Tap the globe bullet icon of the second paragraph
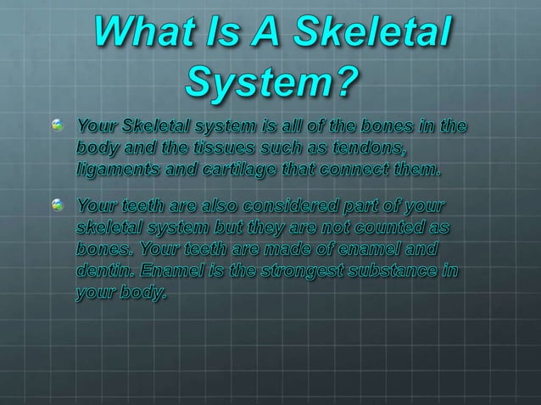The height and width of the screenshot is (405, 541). coord(58,205)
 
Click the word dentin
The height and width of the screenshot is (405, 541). coord(101,272)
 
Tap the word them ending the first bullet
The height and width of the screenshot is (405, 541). coord(416,169)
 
